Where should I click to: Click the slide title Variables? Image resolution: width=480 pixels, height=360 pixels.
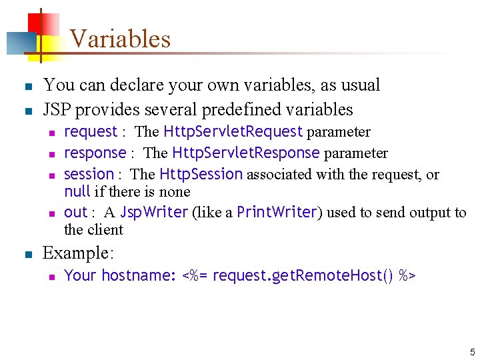point(120,39)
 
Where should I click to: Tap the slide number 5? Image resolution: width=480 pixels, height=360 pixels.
point(472,352)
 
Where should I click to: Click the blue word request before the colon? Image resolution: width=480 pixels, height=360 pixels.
point(90,132)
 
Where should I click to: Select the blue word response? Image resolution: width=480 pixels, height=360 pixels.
point(95,153)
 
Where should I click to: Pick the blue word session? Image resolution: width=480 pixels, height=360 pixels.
point(89,174)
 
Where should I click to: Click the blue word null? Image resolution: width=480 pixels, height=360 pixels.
point(77,192)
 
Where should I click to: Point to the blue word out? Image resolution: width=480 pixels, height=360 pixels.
point(75,212)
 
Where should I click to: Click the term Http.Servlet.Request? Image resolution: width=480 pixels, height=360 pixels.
point(233,131)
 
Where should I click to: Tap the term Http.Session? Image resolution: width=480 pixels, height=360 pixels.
point(201,174)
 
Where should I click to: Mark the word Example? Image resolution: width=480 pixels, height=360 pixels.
point(78,253)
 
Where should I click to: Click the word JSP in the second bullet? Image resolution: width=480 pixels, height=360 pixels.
point(58,109)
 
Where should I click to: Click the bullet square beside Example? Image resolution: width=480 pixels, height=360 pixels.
point(27,254)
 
